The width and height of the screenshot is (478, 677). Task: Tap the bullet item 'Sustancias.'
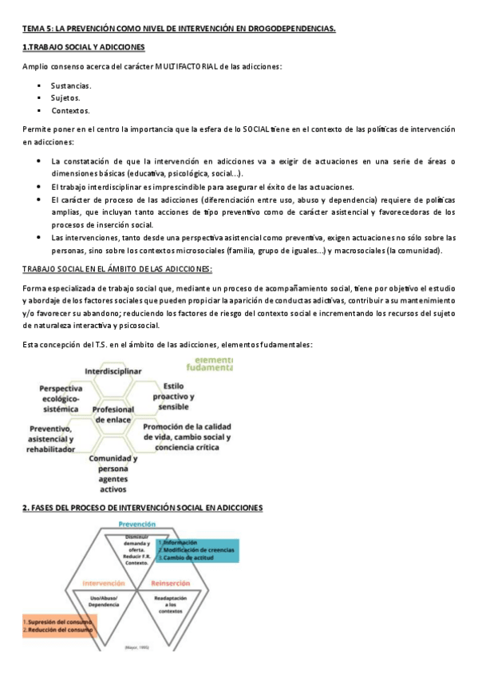(71, 85)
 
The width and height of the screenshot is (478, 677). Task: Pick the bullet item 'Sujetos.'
(65, 98)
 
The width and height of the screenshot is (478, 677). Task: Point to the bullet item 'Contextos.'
(70, 111)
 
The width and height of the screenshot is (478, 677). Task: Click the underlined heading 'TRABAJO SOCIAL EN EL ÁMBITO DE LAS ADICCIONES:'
(117, 269)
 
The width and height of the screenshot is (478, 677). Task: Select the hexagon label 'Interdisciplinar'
(113, 371)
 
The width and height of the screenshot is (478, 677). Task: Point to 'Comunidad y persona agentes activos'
(113, 474)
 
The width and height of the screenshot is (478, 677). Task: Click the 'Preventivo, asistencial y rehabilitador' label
(53, 439)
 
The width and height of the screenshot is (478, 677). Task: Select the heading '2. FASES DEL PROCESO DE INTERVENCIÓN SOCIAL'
(143, 508)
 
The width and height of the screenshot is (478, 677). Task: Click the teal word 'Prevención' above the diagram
(136, 524)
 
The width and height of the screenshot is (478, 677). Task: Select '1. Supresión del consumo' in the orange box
(48, 621)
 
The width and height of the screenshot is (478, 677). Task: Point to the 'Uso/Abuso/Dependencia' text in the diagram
(104, 604)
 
